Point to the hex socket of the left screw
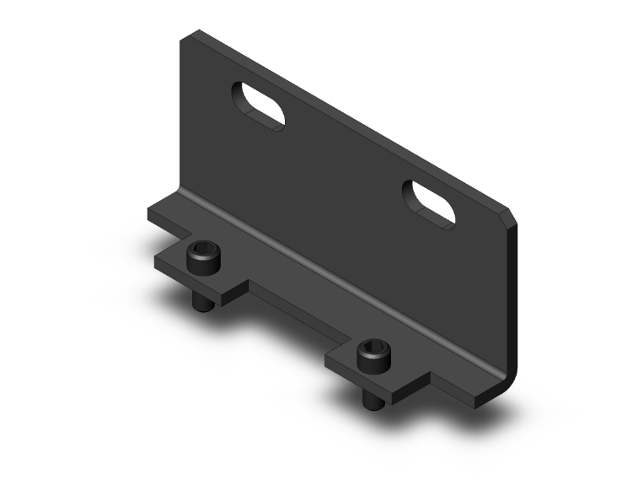click(x=202, y=249)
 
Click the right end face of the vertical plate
click(x=512, y=295)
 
